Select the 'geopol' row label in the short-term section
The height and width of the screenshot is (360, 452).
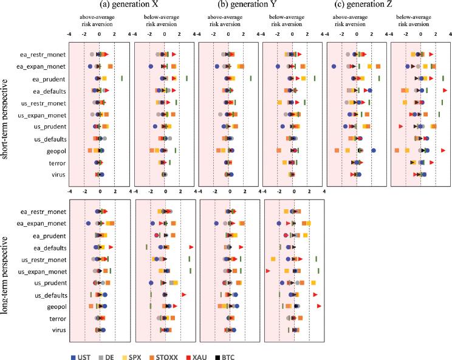[56, 150]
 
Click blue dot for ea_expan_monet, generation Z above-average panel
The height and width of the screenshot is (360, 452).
[334, 66]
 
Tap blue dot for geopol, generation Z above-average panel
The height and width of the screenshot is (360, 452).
[374, 150]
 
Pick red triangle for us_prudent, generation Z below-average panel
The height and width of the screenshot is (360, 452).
[400, 126]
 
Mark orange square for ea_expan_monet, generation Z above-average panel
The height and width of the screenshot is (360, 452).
[378, 66]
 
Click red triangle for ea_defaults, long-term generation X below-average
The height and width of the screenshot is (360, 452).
[191, 247]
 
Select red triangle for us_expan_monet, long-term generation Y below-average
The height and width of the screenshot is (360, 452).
[268, 271]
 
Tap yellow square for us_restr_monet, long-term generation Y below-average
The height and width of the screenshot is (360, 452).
[273, 259]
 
